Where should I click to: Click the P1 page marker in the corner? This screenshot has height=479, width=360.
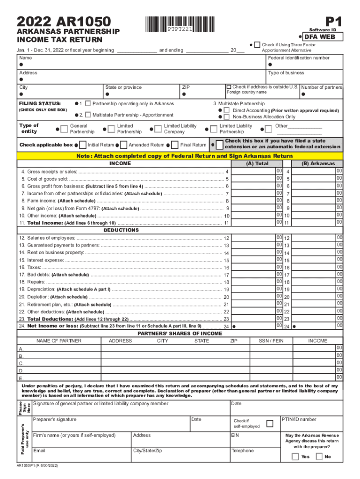click(x=334, y=21)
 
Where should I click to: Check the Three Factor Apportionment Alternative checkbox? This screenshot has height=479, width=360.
click(x=257, y=44)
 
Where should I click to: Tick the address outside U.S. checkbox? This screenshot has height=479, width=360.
click(x=229, y=87)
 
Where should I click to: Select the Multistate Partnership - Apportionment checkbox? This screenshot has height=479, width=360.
click(x=87, y=115)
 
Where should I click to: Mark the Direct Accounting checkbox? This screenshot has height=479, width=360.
click(x=227, y=110)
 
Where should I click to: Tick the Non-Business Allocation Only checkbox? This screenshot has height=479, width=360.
click(x=227, y=117)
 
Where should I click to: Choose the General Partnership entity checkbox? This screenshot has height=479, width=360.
click(x=65, y=129)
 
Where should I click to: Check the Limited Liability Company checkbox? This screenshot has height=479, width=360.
click(x=158, y=129)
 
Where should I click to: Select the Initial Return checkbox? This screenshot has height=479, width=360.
click(x=83, y=145)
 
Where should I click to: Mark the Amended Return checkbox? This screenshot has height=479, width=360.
click(x=123, y=145)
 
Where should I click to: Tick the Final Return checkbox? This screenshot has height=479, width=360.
click(x=175, y=145)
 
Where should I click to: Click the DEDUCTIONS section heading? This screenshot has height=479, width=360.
click(x=121, y=230)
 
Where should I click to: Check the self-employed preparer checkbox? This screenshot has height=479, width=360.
click(x=270, y=423)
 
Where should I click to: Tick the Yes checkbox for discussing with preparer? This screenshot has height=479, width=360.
click(x=295, y=456)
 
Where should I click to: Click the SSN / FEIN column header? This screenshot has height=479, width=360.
click(x=271, y=341)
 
